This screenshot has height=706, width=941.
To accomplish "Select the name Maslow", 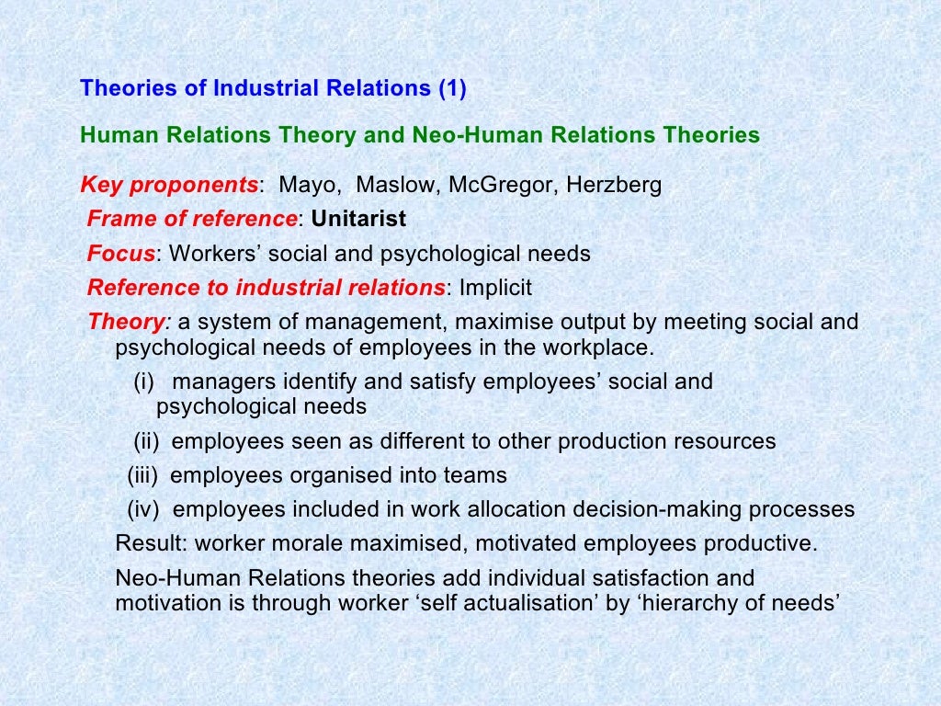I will tap(385, 186).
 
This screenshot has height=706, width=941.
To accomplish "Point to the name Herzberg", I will tap(613, 186).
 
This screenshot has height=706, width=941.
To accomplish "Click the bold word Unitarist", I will tap(358, 220).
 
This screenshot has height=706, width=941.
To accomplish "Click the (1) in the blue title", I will tap(452, 89).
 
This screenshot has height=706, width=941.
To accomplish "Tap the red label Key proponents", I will tap(170, 186).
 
